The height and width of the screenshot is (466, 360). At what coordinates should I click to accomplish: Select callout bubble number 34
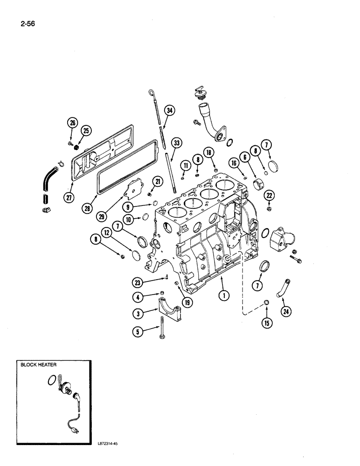click(169, 110)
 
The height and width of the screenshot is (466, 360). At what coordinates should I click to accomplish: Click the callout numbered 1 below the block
click(224, 295)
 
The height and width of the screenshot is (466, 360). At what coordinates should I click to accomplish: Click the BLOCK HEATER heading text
click(38, 365)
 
